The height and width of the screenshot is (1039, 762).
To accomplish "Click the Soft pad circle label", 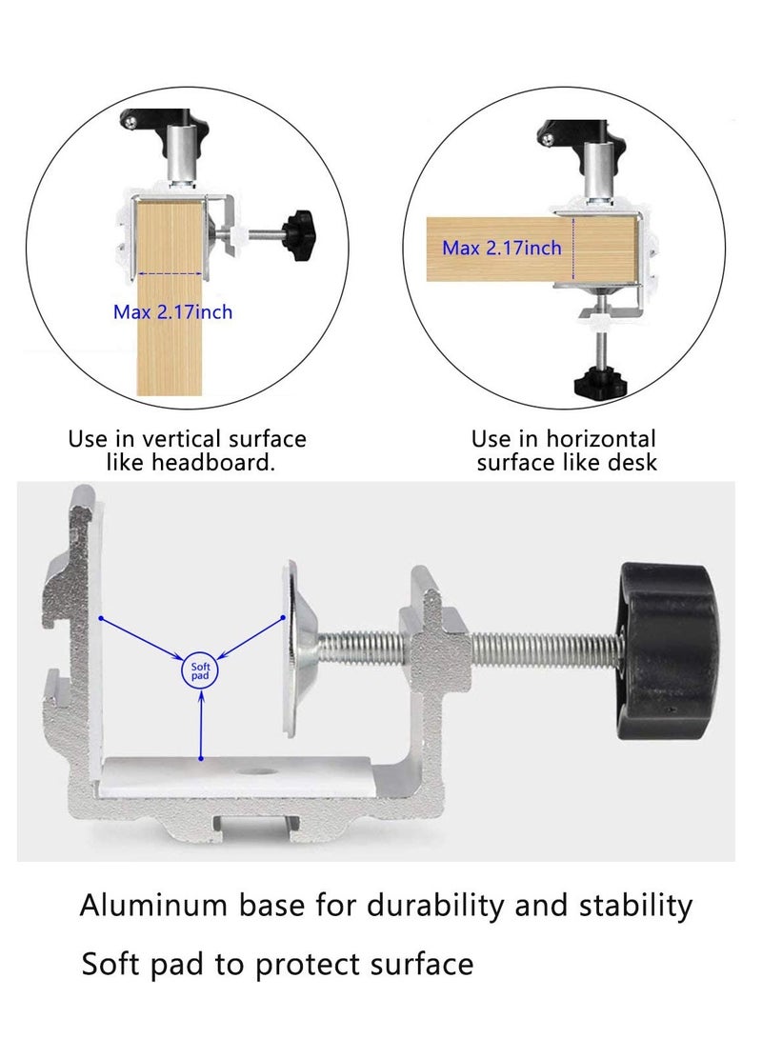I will pos(200,671).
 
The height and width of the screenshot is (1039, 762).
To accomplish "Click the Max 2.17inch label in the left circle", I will pos(172,311).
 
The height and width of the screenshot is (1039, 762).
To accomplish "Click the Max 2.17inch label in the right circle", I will pos(501,249).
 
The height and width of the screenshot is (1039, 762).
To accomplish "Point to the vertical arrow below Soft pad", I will pos(200,724).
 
